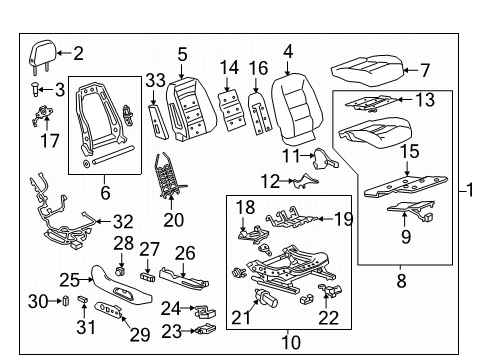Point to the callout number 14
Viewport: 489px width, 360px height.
coord(230,68)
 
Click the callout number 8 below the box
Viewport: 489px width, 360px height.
coord(401,283)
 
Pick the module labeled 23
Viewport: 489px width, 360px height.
coord(209,328)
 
